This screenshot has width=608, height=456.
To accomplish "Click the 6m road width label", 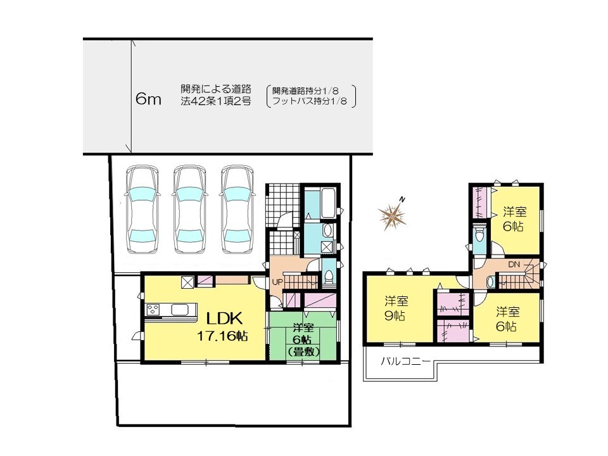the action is click(x=148, y=99).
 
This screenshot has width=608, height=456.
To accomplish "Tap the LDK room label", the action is click(x=224, y=319).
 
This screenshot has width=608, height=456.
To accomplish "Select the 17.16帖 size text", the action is click(x=222, y=336).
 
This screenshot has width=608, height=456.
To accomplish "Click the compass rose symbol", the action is click(x=393, y=215).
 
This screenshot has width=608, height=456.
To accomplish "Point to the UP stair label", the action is click(x=277, y=282).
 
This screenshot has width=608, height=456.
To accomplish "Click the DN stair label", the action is click(x=514, y=265).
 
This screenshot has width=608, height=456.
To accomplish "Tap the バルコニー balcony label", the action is click(x=405, y=362).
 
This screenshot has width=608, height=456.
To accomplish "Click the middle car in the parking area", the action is click(x=189, y=210).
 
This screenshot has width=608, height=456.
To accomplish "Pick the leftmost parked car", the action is click(x=142, y=210).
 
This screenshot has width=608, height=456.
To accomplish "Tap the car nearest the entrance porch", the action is click(x=237, y=210).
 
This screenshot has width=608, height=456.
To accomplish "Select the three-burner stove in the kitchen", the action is click(x=153, y=310).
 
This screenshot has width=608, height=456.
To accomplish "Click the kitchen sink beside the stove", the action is click(x=179, y=310).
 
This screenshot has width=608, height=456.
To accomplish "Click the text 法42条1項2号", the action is click(x=216, y=101).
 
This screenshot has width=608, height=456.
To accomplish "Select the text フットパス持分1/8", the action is click(x=310, y=101).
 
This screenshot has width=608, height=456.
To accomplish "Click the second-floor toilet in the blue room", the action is click(x=480, y=235).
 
